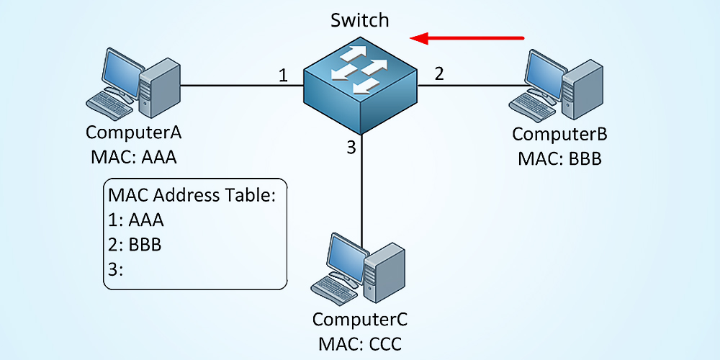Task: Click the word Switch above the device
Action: [359, 19]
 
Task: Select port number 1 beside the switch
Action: [284, 75]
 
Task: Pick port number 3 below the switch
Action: [351, 148]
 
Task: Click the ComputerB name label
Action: [559, 134]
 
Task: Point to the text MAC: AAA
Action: [133, 157]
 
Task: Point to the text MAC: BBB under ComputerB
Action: [559, 158]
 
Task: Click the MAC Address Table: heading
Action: [192, 195]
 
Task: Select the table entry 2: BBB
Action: [135, 245]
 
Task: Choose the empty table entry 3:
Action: [116, 269]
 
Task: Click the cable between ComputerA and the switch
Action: [230, 85]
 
